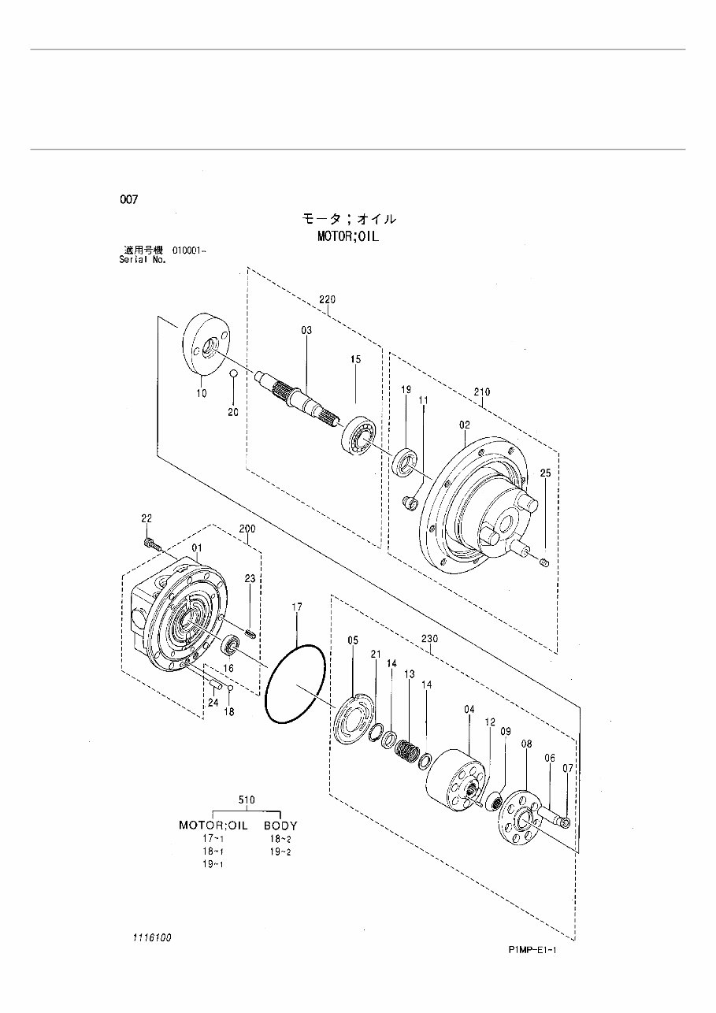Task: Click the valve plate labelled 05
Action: [x=354, y=716]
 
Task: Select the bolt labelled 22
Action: [x=151, y=544]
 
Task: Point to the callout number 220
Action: [x=327, y=299]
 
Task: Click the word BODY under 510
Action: [x=280, y=826]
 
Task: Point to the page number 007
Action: [x=128, y=200]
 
